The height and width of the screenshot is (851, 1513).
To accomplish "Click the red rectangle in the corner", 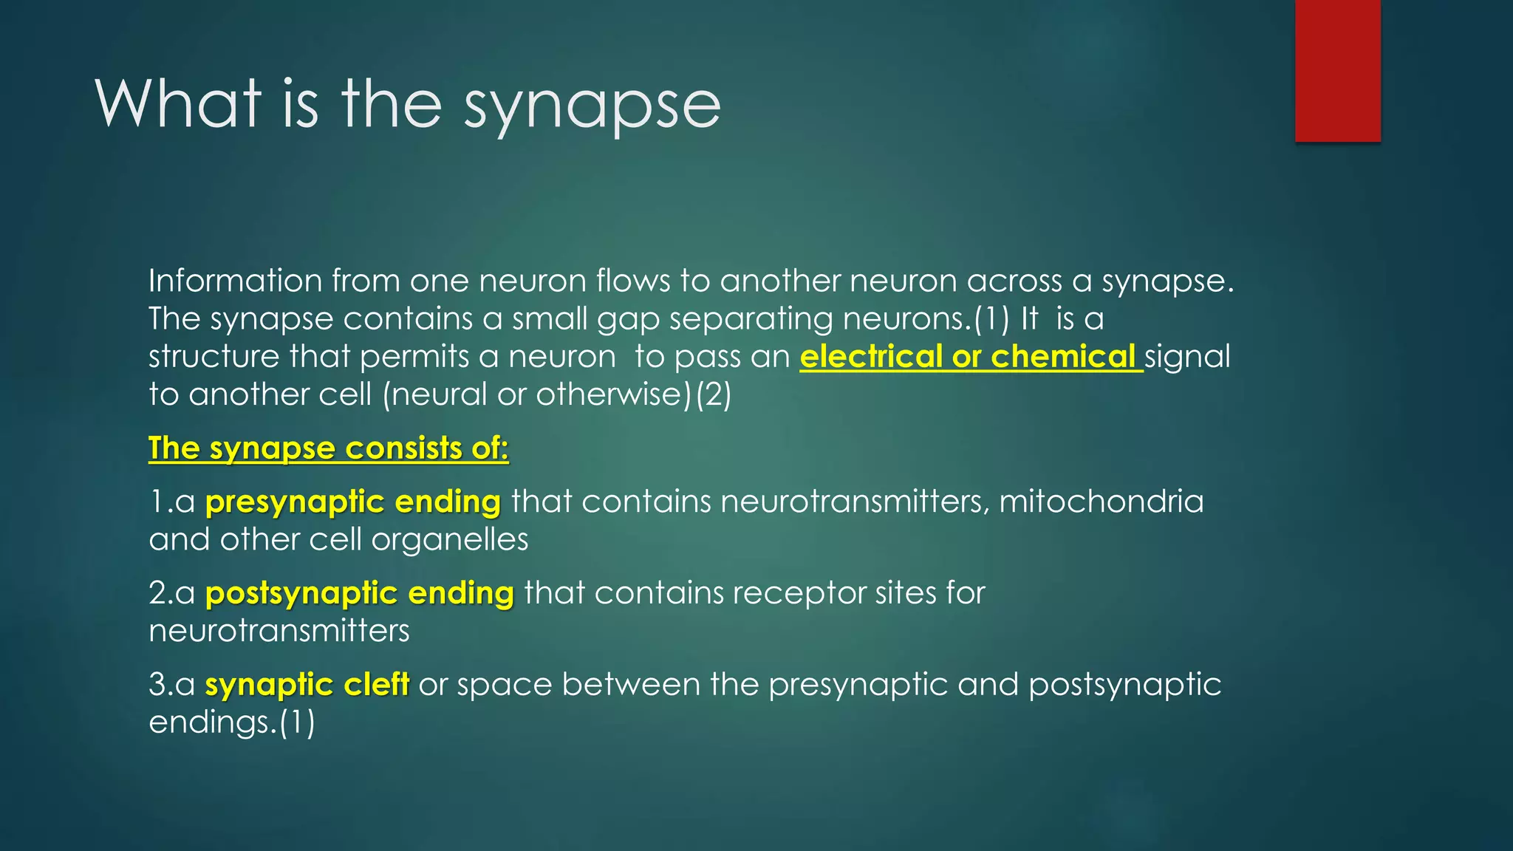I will [x=1337, y=70].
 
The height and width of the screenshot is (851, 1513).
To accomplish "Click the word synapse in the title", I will [x=592, y=106].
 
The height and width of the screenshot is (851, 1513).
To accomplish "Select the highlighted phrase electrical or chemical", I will [x=970, y=357].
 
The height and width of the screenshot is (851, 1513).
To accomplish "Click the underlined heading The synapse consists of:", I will [x=328, y=448].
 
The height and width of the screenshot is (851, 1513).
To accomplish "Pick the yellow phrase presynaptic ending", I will [x=353, y=502].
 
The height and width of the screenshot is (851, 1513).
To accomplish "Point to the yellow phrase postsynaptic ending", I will [x=359, y=593].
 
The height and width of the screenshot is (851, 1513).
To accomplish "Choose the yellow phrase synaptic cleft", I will [x=307, y=685].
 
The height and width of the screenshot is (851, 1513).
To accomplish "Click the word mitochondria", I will [x=1101, y=502].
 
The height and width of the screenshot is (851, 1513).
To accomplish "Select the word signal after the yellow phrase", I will [x=1187, y=358].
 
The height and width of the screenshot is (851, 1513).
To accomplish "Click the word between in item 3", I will [x=631, y=685].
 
